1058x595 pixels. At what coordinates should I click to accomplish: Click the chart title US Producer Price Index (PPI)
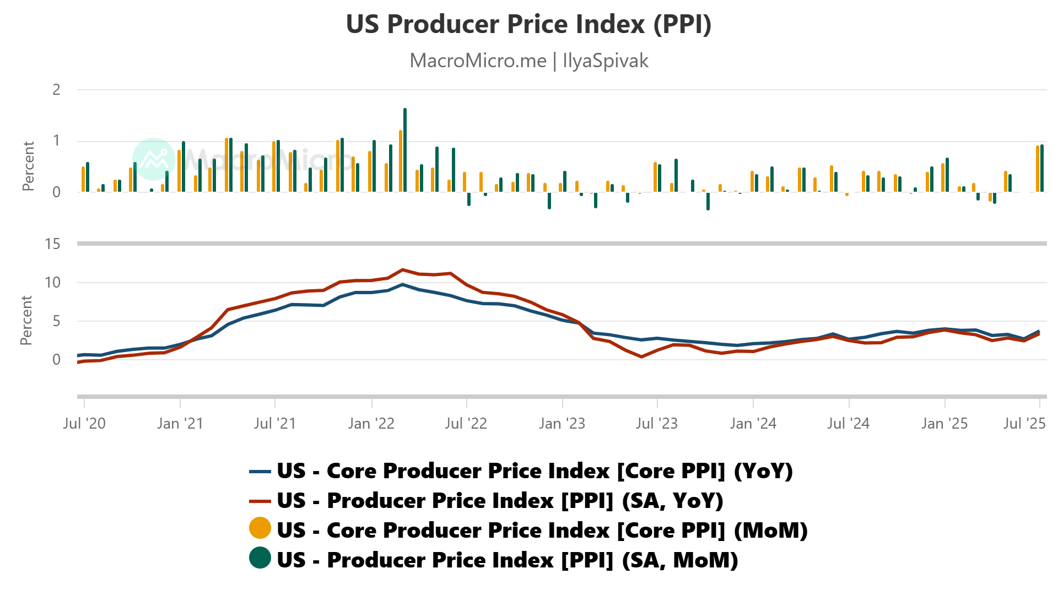528,24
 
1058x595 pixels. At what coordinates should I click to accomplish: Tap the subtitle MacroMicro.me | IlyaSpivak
528,61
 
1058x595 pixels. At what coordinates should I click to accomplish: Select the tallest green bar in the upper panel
405,150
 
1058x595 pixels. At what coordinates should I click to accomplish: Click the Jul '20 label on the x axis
84,423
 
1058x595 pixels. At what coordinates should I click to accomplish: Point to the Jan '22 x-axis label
371,423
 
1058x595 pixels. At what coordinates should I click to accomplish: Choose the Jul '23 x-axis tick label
656,423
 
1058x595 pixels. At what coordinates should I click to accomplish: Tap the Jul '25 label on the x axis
1024,423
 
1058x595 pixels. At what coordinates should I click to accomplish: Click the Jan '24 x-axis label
753,423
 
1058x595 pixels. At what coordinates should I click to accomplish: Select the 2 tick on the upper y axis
56,90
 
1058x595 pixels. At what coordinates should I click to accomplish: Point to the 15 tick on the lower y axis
52,244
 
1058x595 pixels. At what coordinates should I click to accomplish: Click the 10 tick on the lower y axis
52,283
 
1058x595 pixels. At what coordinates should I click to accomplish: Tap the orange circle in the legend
260,528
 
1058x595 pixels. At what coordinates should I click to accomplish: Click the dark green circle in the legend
260,558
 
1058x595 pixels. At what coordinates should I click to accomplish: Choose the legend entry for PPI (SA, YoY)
500,501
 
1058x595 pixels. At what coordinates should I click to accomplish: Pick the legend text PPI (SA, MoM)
507,560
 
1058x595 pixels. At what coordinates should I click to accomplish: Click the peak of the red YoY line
403,270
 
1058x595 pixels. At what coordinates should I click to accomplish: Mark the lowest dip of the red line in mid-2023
641,357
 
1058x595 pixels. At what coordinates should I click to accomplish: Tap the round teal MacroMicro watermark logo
154,159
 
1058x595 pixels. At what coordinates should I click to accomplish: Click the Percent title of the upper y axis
28,166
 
